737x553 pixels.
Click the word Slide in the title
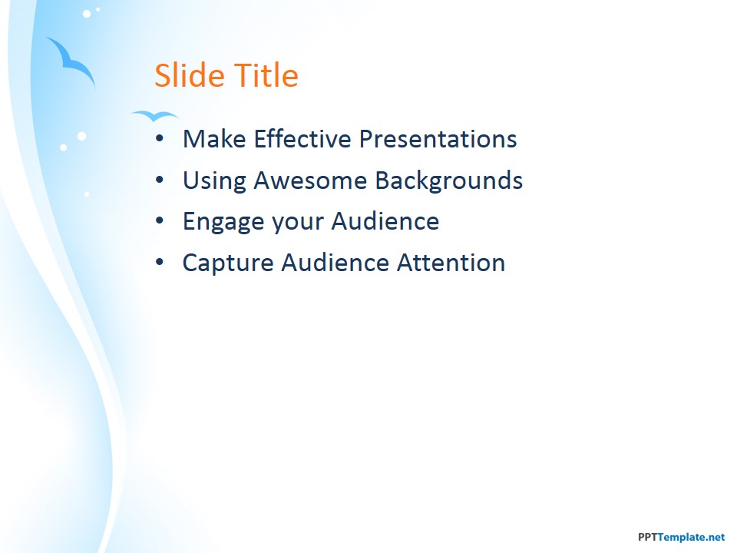click(189, 75)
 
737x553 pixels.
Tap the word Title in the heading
click(266, 75)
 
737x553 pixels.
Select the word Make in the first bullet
click(214, 139)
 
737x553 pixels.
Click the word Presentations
click(438, 139)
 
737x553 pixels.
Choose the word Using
click(214, 181)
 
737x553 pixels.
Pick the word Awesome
click(310, 180)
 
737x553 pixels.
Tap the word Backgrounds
click(449, 181)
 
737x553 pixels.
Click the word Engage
click(223, 222)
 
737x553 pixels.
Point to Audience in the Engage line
click(385, 221)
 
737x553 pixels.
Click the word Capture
click(228, 263)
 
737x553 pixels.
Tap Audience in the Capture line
click(335, 262)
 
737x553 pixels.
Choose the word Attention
click(451, 262)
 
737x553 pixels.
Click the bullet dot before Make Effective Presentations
click(160, 138)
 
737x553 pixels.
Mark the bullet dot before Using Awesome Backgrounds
click(160, 180)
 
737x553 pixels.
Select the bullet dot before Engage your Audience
click(160, 220)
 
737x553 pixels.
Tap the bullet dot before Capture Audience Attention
click(160, 262)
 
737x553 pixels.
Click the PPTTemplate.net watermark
click(681, 537)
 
